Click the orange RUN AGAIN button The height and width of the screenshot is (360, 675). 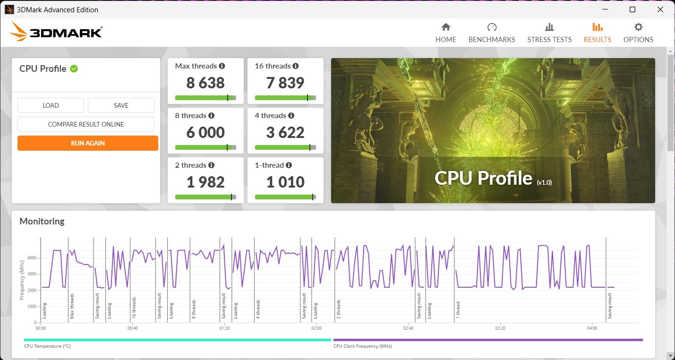(x=88, y=143)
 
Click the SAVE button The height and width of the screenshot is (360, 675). (x=121, y=105)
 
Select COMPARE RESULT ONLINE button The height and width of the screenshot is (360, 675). (x=86, y=124)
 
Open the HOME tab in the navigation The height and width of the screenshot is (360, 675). (x=446, y=33)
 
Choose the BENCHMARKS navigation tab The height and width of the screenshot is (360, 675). (x=492, y=33)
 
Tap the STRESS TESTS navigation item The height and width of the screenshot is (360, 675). (x=549, y=33)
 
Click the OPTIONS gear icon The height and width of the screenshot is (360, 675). (x=638, y=27)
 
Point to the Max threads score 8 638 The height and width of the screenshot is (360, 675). (x=205, y=83)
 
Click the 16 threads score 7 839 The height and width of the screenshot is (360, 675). (x=285, y=83)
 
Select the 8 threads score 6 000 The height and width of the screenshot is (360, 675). (x=205, y=133)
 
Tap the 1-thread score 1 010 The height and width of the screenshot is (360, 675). (x=285, y=182)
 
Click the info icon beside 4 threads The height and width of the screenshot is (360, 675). (x=291, y=116)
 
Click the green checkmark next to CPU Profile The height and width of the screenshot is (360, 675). (x=74, y=69)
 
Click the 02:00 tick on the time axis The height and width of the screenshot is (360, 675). (x=316, y=328)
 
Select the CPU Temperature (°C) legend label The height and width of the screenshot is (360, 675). (x=47, y=346)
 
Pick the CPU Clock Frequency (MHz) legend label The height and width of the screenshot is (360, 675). (x=362, y=346)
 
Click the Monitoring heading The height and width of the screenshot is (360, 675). (x=42, y=221)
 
